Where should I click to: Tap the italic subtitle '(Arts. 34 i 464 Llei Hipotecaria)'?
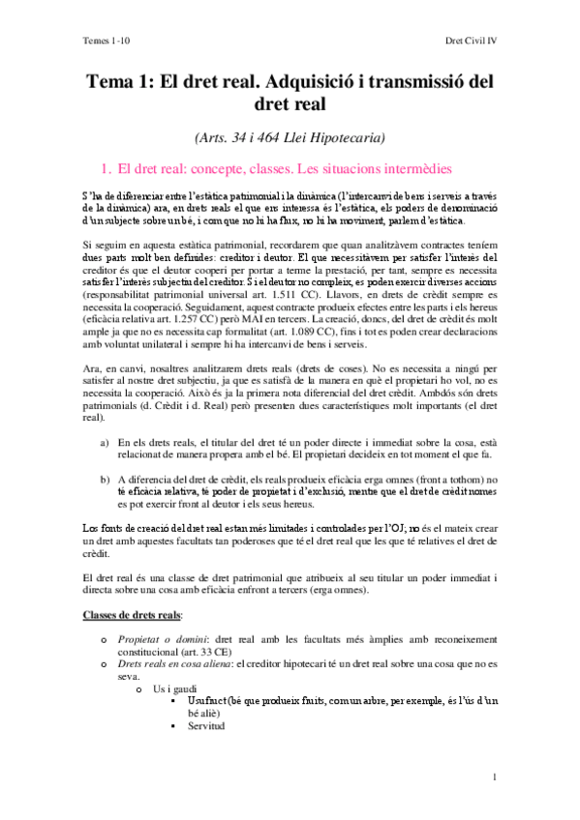click(x=290, y=136)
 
